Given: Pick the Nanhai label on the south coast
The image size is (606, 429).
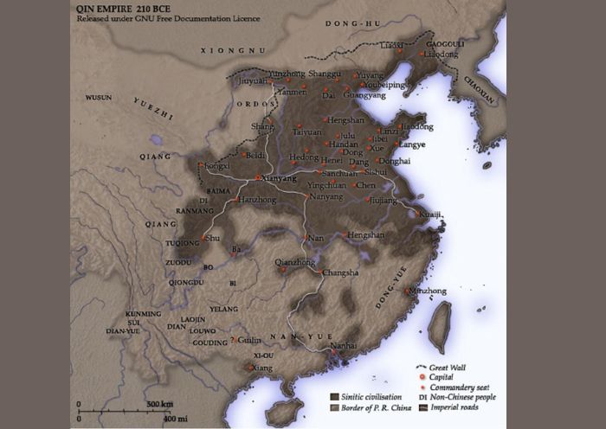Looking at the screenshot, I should click(x=343, y=345).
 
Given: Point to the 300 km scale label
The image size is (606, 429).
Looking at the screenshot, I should click(x=159, y=405).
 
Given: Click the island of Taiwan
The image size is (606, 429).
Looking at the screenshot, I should click(x=441, y=327).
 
